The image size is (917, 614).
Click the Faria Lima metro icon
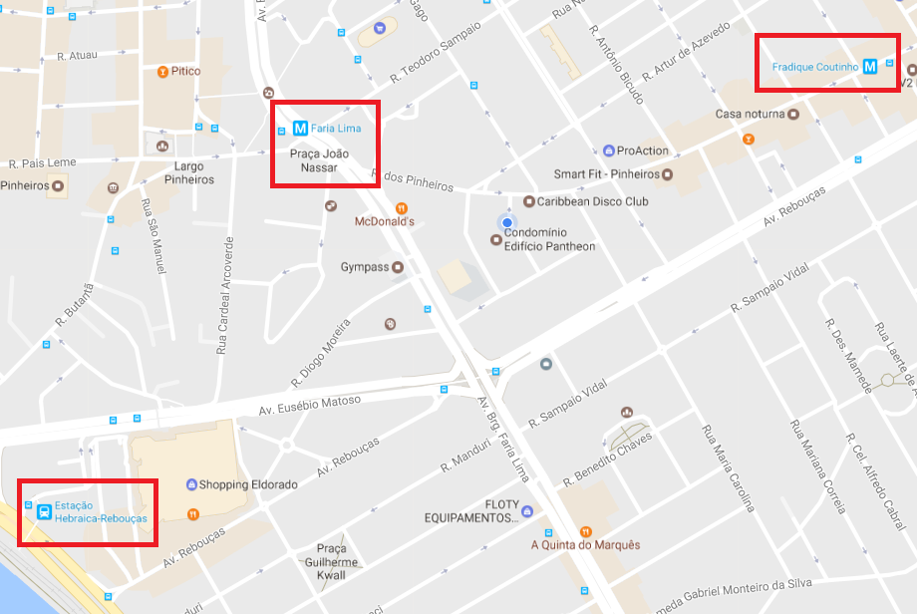tap(299, 128)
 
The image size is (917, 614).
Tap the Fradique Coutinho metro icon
tap(870, 67)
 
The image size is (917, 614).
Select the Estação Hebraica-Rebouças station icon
tap(44, 512)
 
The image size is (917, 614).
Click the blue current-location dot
tap(507, 222)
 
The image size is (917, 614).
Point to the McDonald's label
tap(385, 222)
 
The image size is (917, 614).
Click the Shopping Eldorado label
tap(248, 484)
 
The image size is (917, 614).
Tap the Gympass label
tap(364, 267)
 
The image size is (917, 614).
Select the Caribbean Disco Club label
tap(593, 201)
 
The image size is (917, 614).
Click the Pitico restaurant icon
tap(162, 72)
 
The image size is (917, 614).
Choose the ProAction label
tap(643, 152)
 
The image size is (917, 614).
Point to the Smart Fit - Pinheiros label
tap(607, 174)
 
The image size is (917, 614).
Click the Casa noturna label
tap(750, 115)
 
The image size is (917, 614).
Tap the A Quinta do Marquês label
tap(585, 545)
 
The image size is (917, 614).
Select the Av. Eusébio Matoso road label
tap(311, 406)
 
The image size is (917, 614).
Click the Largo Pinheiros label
tap(193, 172)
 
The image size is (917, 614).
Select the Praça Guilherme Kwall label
tap(331, 561)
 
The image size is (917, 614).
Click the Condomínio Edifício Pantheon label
tap(549, 239)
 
